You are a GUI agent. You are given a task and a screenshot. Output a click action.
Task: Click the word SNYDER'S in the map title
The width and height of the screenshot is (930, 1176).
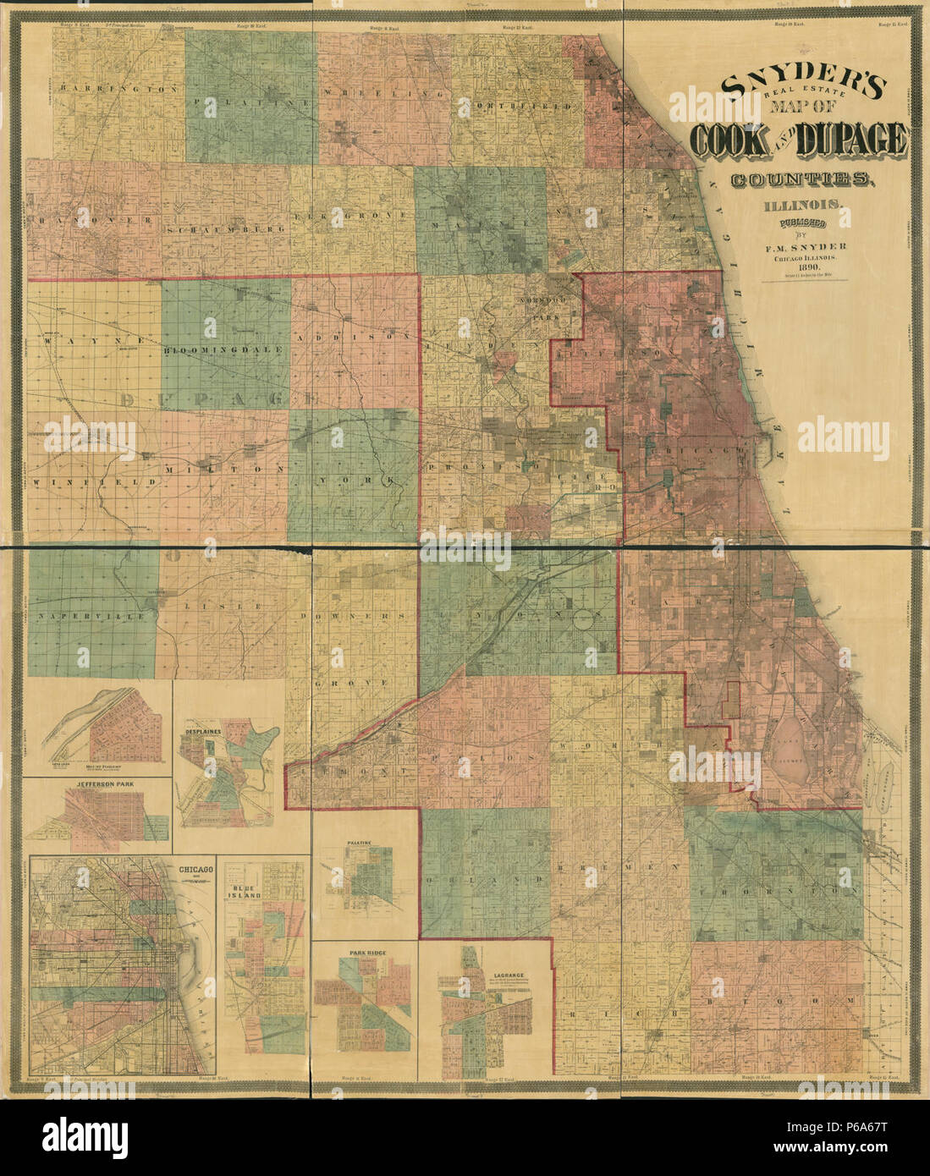pos(802,85)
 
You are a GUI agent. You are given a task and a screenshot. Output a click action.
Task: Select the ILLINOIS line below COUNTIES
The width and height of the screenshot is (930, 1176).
pos(803,206)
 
